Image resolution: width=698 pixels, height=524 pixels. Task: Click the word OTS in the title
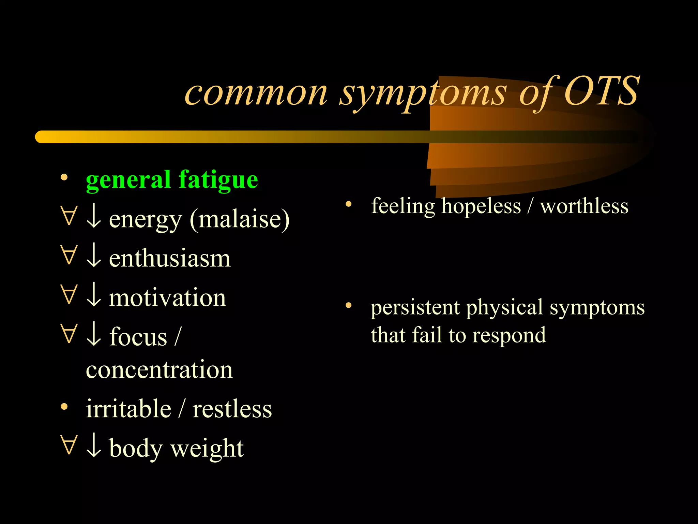(602, 91)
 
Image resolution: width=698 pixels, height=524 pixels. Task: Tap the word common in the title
(256, 93)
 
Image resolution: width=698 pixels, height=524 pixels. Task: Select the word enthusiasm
(170, 258)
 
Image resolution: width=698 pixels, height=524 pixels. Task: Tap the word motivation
(167, 297)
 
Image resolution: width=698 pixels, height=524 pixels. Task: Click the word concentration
(159, 370)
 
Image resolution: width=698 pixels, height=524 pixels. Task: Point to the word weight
(207, 448)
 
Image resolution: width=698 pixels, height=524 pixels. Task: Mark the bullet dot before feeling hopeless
(348, 204)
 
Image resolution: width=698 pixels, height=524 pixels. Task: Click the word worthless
(584, 206)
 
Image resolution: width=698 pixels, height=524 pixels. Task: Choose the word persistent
(415, 307)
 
